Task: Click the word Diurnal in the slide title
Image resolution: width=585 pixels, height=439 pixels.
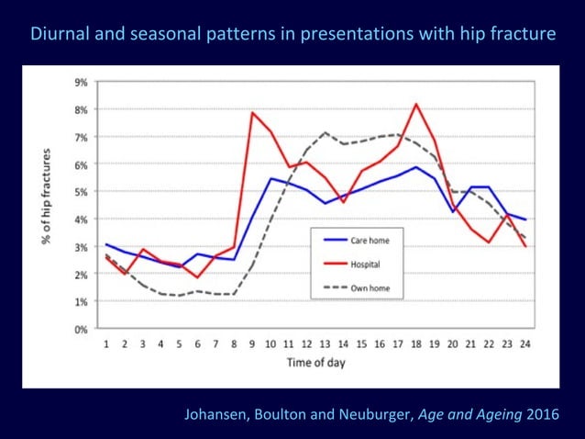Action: pos(61,33)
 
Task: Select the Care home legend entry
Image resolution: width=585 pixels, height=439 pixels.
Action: pos(357,241)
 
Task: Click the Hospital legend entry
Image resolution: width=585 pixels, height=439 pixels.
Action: pos(352,265)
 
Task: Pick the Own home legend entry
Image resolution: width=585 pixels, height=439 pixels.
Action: pos(357,288)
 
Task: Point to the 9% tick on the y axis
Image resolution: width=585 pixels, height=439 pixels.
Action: pos(81,82)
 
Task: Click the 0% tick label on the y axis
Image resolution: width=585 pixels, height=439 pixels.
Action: pos(81,329)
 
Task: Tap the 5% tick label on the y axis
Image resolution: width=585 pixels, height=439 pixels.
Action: pos(81,192)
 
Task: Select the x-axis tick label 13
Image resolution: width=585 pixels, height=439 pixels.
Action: pos(325,343)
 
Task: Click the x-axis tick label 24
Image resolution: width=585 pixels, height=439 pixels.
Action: pos(524,343)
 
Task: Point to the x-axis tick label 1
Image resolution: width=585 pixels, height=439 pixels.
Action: pos(106,343)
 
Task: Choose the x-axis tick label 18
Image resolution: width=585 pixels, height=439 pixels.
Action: pos(416,343)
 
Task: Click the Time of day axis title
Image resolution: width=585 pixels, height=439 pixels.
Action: pos(316,363)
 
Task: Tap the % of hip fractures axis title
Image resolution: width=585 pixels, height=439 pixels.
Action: pos(46,197)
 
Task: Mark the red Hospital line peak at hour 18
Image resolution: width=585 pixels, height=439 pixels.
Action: pos(416,104)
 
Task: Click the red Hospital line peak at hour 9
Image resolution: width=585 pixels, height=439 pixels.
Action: pos(252,112)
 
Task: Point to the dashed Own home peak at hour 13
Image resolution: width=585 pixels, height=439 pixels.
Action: pos(325,132)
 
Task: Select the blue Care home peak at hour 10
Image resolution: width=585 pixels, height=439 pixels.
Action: pos(270,178)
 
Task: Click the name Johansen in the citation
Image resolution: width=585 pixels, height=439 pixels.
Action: pos(216,414)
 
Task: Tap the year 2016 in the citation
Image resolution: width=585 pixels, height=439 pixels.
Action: pos(543,414)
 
